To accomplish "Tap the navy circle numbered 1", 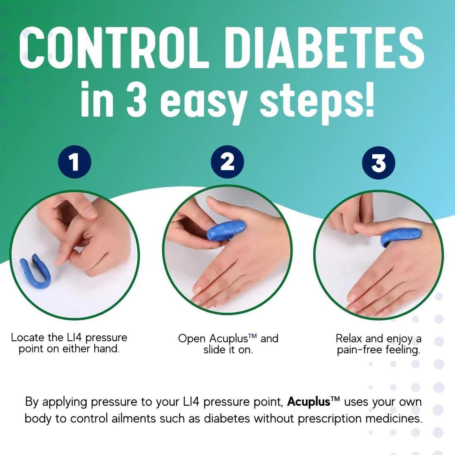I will click(x=74, y=163).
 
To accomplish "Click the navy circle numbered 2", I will click(x=227, y=163).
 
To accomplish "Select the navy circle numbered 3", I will click(x=378, y=163).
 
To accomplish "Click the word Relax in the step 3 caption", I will click(x=348, y=338).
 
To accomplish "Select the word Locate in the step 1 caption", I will click(x=26, y=338).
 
